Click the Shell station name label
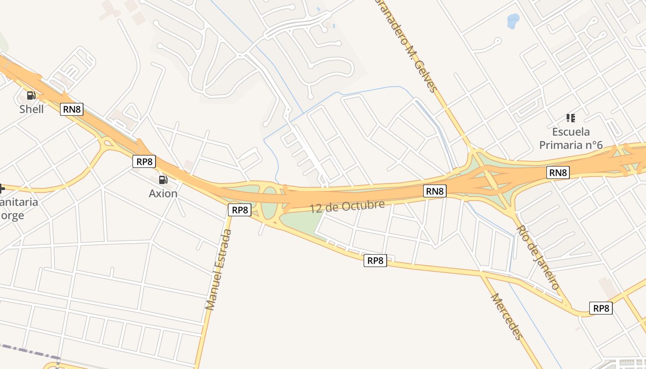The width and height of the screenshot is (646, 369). pos(31,109)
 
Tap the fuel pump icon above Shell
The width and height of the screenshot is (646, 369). pos(31,95)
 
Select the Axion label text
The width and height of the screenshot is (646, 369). pos(163,193)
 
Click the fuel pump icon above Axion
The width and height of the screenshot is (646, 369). pos(162,180)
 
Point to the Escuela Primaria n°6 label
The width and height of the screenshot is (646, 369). pos(571,138)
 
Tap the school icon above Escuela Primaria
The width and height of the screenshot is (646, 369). pos(571,118)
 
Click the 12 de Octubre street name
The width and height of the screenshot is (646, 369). pos(347,206)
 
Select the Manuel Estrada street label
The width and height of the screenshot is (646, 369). pos(218,269)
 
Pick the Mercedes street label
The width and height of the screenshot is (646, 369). pos(507,316)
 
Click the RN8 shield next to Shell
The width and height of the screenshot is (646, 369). pos(72,109)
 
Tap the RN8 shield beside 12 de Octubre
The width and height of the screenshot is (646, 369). pos(435,191)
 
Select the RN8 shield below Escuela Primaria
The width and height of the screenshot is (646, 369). pos(557,173)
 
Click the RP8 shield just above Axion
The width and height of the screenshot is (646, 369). pos(144,161)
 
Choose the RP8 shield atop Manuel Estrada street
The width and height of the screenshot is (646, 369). pos(239,210)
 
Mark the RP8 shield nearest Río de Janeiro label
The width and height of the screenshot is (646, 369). pos(601,308)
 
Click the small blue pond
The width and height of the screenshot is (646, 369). pos(513,21)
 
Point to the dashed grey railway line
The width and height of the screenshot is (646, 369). pos(28,351)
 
